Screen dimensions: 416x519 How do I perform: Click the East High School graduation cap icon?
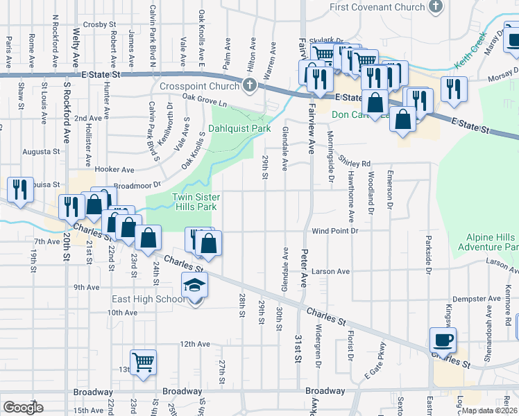pyautogui.click(x=194, y=284)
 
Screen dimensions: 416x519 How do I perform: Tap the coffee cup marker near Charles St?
pyautogui.click(x=443, y=340)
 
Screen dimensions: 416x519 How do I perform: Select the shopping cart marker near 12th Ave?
pyautogui.click(x=143, y=362)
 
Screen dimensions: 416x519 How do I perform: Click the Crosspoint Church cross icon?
pyautogui.click(x=250, y=87)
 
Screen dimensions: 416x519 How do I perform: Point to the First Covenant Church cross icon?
pyautogui.click(x=435, y=7)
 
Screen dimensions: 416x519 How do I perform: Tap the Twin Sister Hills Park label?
pyautogui.click(x=194, y=202)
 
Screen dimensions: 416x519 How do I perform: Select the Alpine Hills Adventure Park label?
pyautogui.click(x=488, y=242)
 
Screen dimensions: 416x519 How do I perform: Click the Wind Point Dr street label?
pyautogui.click(x=334, y=230)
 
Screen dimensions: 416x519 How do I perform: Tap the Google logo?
pyautogui.click(x=23, y=408)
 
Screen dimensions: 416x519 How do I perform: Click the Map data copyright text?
pyautogui.click(x=489, y=410)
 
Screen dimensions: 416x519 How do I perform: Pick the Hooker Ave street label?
pyautogui.click(x=115, y=169)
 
